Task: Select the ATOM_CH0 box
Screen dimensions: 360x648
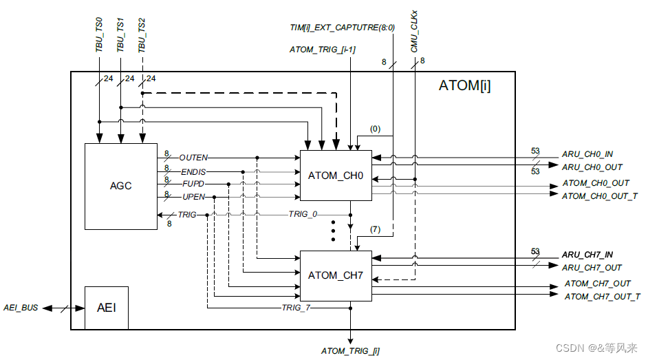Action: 336,176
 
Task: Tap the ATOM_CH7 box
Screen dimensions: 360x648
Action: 336,275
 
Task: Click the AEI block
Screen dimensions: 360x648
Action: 106,307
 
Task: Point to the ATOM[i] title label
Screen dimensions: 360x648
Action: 464,87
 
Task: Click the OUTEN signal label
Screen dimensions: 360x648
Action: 193,158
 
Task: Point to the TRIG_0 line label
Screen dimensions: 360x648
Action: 303,215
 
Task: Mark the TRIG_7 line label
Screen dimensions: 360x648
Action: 296,308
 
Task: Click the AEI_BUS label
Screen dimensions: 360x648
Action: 21,308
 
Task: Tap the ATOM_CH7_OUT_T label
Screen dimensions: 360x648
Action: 602,297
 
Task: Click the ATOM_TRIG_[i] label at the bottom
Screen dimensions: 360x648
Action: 350,351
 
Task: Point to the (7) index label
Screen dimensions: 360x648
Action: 375,229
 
